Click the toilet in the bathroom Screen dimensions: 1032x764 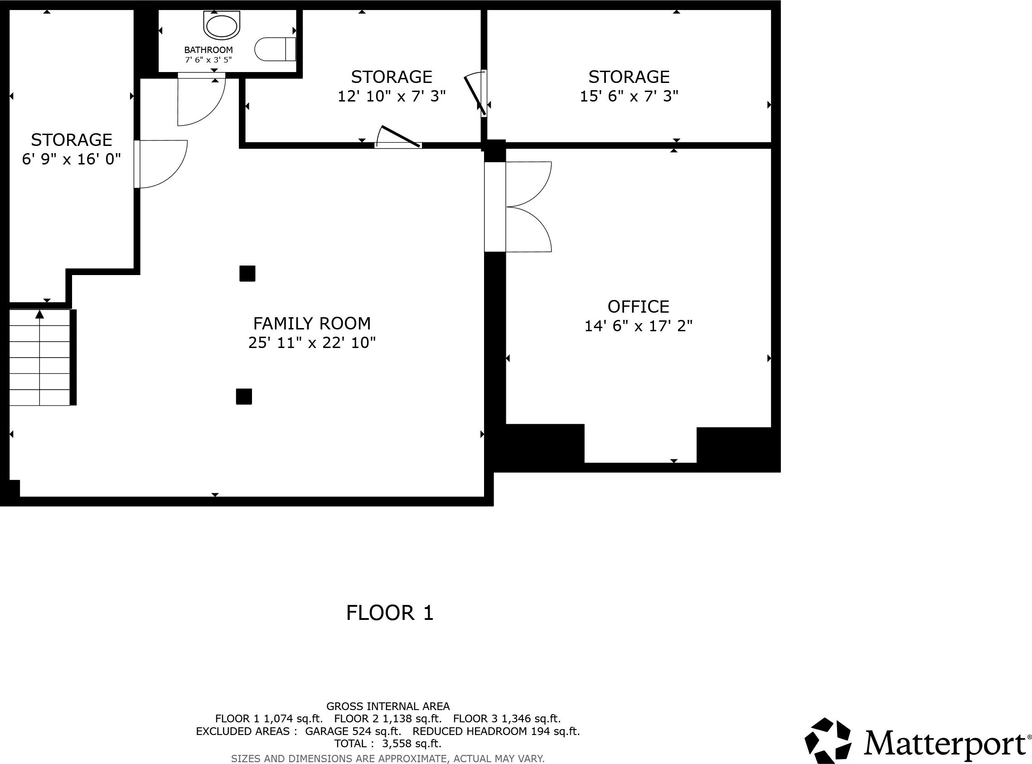click(275, 49)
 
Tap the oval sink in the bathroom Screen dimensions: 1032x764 click(222, 26)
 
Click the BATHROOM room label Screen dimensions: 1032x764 click(208, 50)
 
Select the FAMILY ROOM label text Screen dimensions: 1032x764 click(312, 323)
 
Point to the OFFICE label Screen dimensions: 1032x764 click(638, 307)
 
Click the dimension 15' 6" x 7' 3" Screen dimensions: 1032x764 click(629, 96)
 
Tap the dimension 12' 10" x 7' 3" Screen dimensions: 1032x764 click(392, 96)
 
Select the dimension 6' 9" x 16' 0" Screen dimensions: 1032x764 click(71, 160)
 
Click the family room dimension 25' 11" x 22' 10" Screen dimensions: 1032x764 click(312, 343)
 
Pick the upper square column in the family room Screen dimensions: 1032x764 click(247, 273)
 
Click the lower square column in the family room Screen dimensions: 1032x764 click(244, 397)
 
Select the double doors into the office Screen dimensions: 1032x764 click(529, 207)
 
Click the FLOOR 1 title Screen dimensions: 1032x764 click(390, 613)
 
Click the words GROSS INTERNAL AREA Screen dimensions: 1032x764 click(388, 706)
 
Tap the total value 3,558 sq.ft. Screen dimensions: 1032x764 click(412, 744)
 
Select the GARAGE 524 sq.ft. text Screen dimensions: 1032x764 click(353, 731)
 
